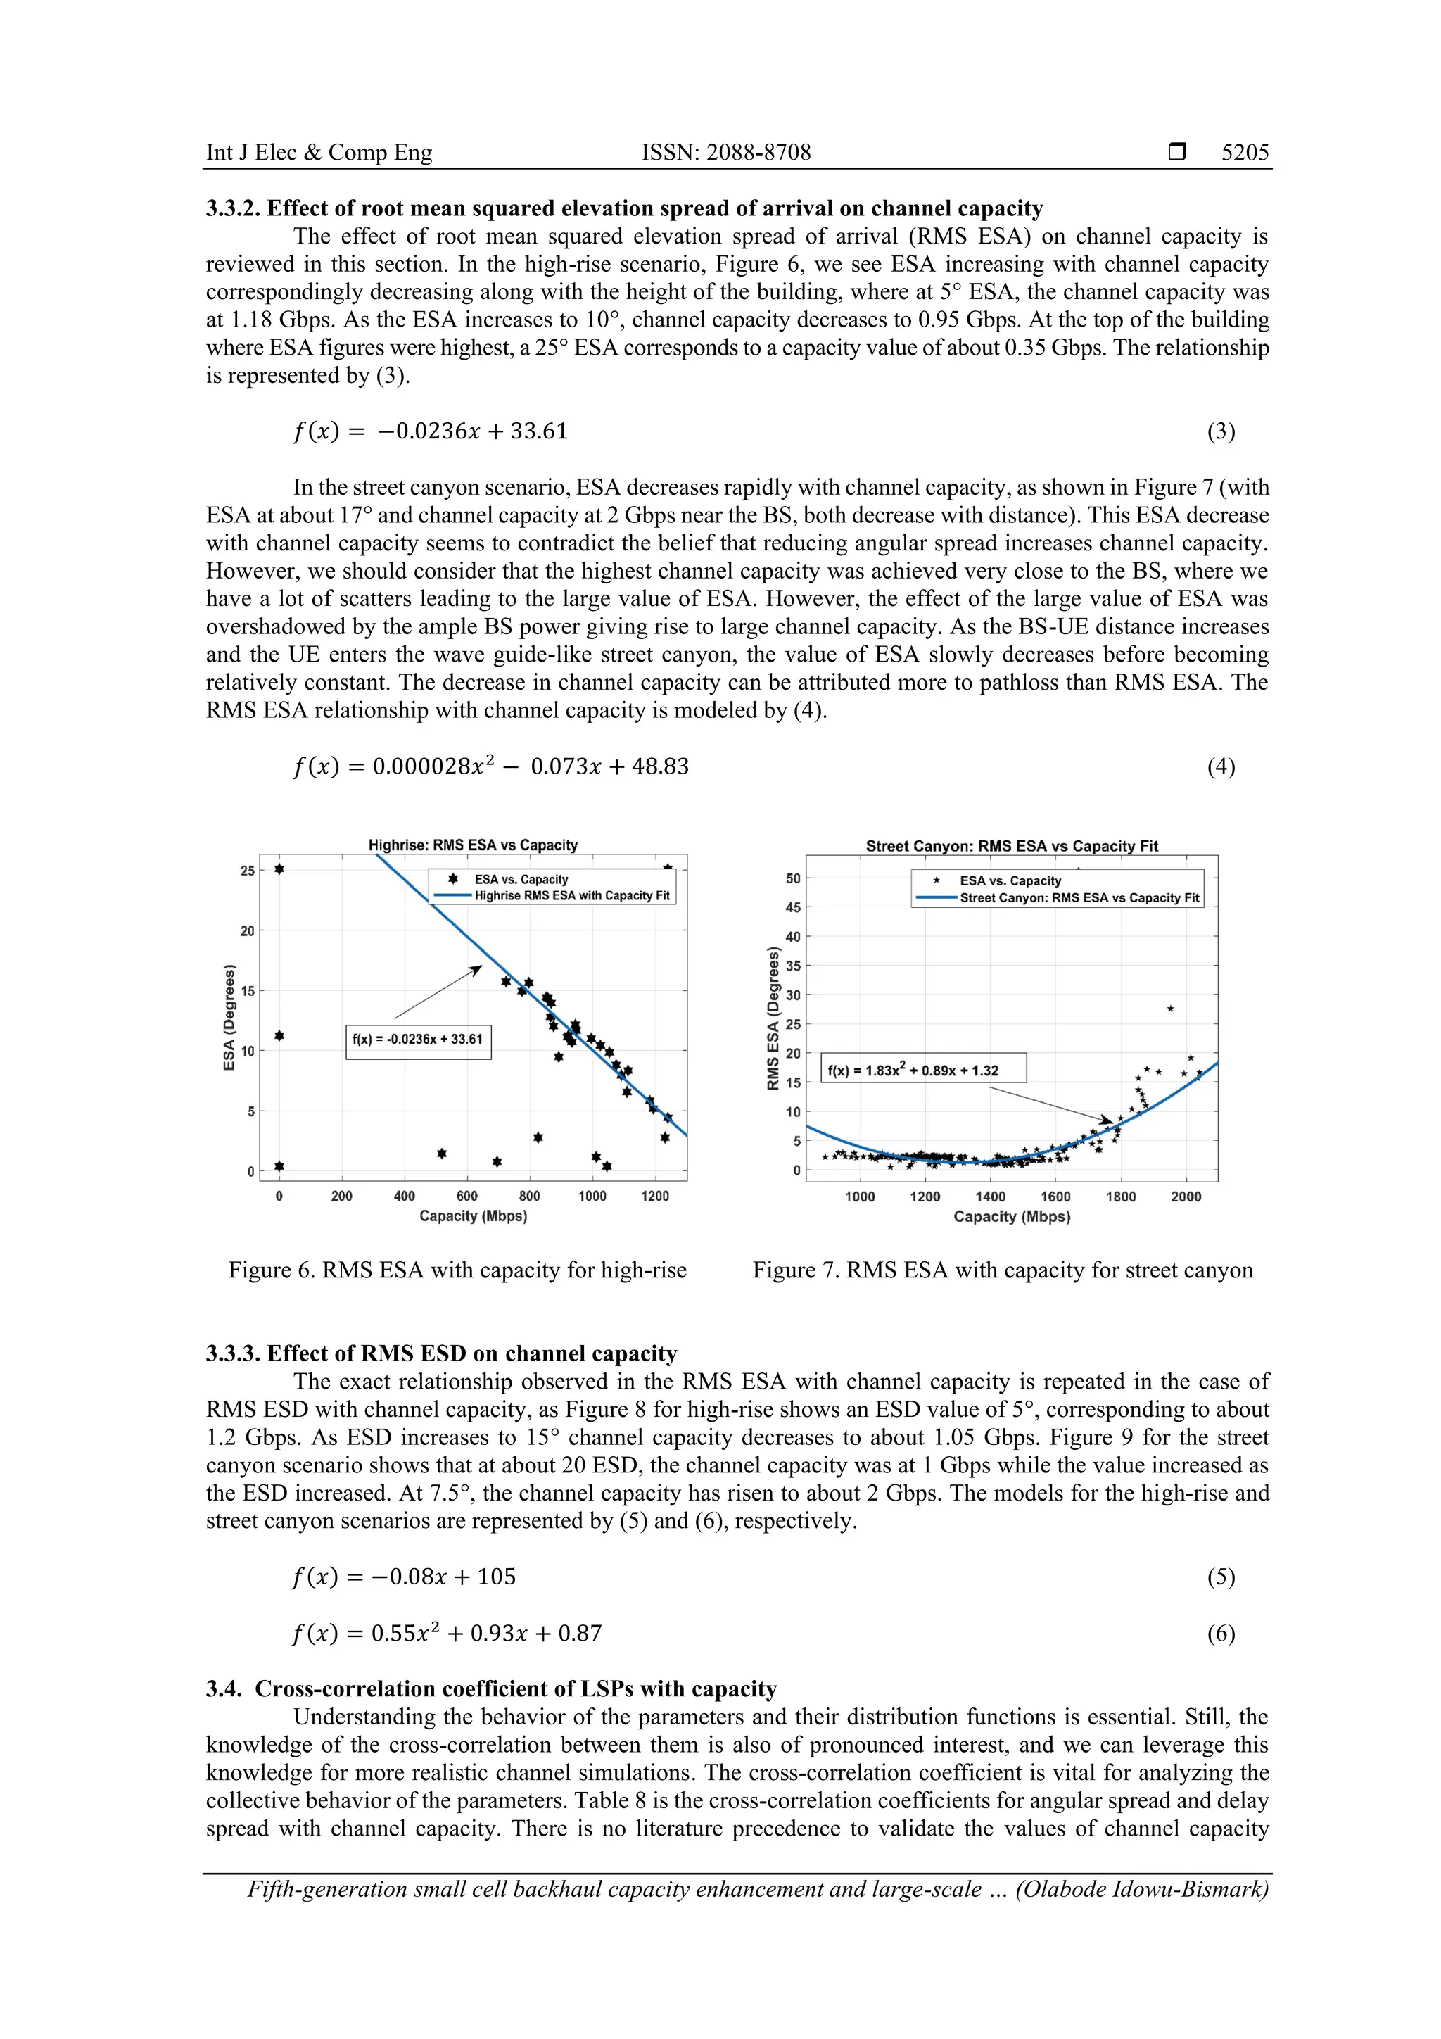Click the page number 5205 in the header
(1244, 153)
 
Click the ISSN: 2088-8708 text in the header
(725, 153)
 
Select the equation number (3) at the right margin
(1220, 431)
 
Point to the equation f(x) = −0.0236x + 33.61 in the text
(430, 431)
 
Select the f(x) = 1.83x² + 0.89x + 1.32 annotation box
(923, 1069)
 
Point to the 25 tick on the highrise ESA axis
(247, 871)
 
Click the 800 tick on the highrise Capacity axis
(529, 1197)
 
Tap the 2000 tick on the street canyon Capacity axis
(1186, 1197)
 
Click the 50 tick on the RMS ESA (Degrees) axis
(793, 878)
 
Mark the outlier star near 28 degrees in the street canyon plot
(1170, 1009)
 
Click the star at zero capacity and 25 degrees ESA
(279, 869)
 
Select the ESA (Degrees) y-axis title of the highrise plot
(229, 1017)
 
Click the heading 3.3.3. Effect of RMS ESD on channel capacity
(441, 1353)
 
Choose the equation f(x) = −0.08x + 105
(404, 1577)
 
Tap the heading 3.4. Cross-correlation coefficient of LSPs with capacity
(491, 1689)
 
